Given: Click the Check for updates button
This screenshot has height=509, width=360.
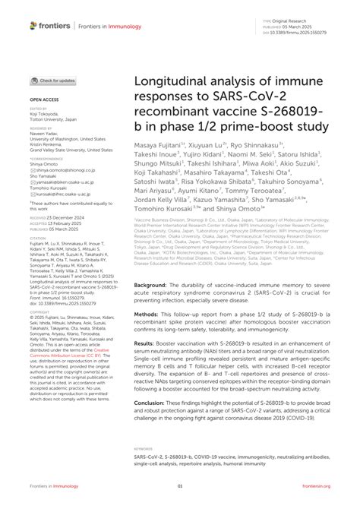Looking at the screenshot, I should click(52, 80).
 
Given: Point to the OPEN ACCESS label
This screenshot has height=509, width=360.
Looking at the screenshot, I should click(46, 100).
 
